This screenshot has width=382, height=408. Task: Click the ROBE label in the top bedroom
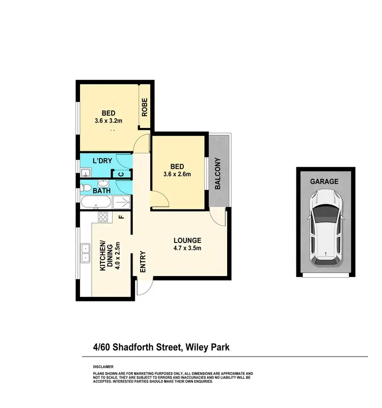(x=144, y=107)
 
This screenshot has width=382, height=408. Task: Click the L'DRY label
(x=102, y=161)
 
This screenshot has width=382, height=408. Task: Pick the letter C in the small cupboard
(x=121, y=174)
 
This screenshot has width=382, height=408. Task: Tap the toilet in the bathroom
(x=86, y=191)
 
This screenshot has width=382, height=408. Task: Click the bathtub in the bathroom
(x=95, y=204)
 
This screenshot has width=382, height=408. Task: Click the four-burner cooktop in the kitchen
(x=102, y=217)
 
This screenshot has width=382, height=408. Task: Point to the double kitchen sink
(x=85, y=253)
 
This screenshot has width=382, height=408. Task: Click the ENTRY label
(x=143, y=261)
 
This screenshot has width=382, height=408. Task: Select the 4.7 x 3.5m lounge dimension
(x=187, y=249)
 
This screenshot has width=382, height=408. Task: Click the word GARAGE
(x=324, y=181)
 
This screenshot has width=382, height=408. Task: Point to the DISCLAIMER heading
(x=103, y=367)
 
